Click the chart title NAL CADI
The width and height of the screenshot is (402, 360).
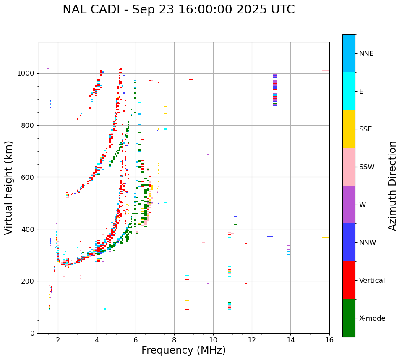pos(178,10)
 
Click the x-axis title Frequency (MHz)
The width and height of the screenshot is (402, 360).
pos(183,350)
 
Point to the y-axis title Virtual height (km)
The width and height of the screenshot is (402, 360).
pos(9,187)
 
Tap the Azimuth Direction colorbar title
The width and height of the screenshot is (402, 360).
pos(392,185)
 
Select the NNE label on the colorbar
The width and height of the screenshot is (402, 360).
pos(366,54)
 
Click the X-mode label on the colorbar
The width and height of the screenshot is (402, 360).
pos(372,318)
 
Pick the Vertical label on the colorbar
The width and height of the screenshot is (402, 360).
pos(372,281)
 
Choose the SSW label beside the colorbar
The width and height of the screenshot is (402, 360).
pos(367,167)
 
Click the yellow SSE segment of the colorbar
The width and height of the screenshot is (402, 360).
pos(349,129)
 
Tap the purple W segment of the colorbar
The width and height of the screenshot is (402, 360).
pos(349,205)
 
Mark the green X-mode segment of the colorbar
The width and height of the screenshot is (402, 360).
pos(349,318)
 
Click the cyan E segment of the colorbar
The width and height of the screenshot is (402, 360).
pos(349,91)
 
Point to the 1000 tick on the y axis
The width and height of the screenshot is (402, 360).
pos(28,74)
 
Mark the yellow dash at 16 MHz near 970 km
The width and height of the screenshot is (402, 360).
pos(326,81)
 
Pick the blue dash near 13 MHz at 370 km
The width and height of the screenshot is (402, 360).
pos(270,237)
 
